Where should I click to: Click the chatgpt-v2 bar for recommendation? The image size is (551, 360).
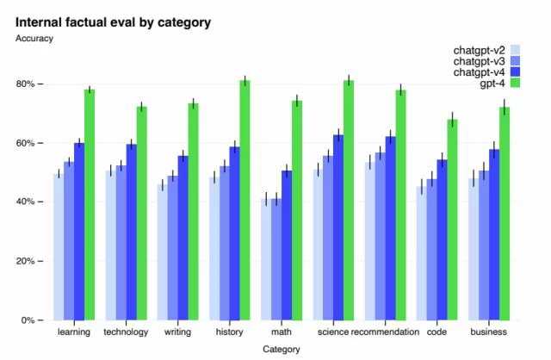[x=369, y=241]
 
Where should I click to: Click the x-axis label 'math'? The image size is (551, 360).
[x=281, y=332]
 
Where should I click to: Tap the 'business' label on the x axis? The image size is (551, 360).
[x=489, y=332]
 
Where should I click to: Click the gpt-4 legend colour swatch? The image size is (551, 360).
[x=516, y=83]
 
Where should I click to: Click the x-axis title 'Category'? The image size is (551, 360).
[x=281, y=350]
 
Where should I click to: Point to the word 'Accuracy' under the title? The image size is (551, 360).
[x=34, y=38]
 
